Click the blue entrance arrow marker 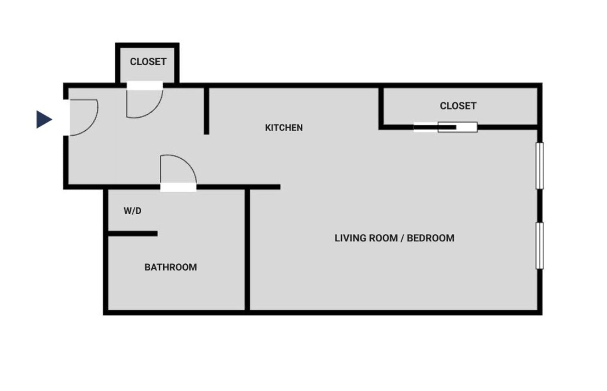pos(44,119)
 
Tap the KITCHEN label pos(284,128)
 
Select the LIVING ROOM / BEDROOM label pos(394,238)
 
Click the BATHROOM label pos(171,267)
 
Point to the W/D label pos(132,211)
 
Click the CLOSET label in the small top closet pos(148,61)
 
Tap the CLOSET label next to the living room pos(458,106)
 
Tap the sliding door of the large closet pos(445,127)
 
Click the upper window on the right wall pos(540,165)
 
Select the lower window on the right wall pos(540,245)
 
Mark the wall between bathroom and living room pos(247,249)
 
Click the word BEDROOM pos(430,238)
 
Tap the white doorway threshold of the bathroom pos(178,187)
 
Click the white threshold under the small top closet pos(145,85)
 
